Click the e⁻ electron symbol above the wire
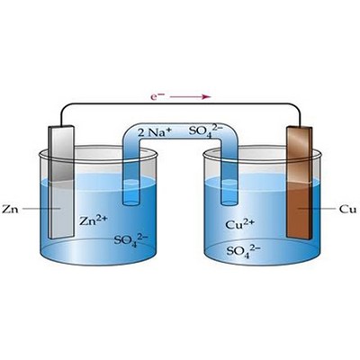(157, 96)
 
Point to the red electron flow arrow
(190, 97)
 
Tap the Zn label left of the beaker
(10, 209)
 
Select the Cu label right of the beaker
(348, 209)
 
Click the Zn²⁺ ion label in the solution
(93, 220)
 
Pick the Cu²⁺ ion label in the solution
(239, 223)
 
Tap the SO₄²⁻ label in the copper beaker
(243, 250)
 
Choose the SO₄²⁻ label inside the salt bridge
(206, 131)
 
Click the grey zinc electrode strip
(61, 182)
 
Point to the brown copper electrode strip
(299, 183)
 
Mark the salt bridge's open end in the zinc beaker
(131, 203)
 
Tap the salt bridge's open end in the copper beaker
(229, 203)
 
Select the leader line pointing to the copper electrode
(316, 208)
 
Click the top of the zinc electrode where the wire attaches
(61, 126)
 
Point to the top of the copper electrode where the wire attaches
(300, 127)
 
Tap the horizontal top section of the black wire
(180, 103)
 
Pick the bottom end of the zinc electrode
(61, 237)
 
